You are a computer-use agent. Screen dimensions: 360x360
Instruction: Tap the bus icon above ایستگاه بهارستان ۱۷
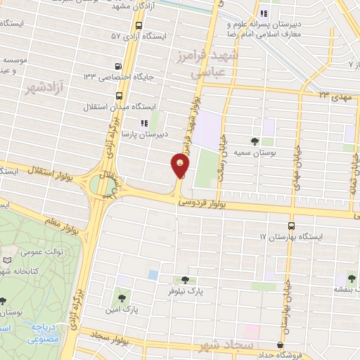(x=291, y=226)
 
